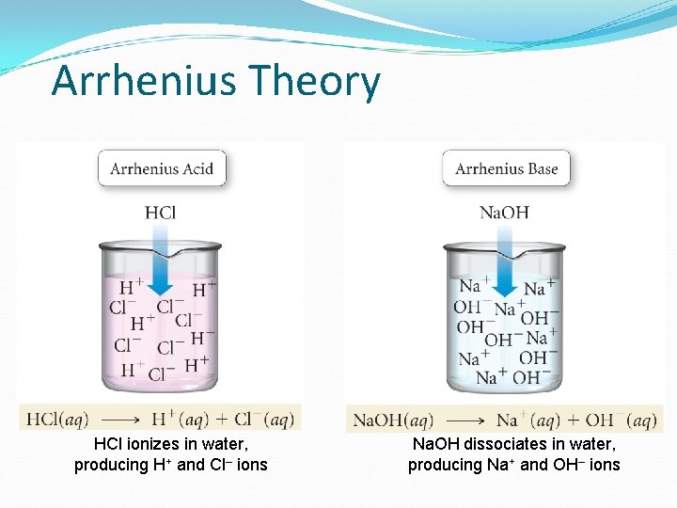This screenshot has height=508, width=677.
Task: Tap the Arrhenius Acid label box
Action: tap(162, 169)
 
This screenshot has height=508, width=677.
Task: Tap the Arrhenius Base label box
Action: tap(506, 169)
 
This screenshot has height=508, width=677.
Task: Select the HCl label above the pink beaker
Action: tap(161, 213)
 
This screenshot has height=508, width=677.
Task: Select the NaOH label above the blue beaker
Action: tap(504, 213)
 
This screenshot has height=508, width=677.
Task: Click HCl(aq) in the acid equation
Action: tap(58, 419)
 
